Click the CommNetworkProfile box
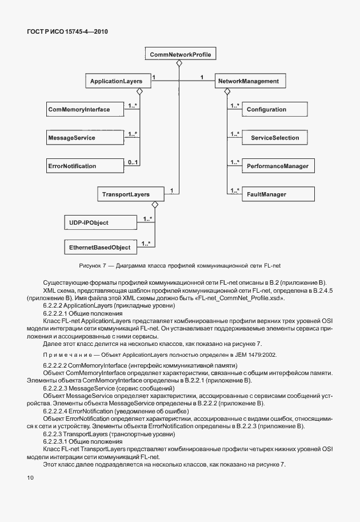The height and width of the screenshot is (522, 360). [180, 55]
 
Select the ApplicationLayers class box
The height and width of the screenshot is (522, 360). [116, 82]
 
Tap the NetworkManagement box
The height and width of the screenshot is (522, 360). [249, 82]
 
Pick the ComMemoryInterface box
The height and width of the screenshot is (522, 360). [79, 109]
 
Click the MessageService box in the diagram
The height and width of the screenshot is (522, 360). [71, 138]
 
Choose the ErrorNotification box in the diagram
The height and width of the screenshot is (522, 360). [72, 166]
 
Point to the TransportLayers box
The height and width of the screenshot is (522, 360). [125, 194]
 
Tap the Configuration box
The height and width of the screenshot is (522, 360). [266, 109]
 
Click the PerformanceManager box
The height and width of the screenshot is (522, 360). [277, 166]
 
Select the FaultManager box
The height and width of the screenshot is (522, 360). [266, 194]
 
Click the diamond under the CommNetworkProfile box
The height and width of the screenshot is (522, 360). [179, 63]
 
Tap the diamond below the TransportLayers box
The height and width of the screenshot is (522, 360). [154, 205]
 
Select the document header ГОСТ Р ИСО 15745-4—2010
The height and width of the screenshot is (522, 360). [67, 31]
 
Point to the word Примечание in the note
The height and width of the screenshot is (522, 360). [62, 354]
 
